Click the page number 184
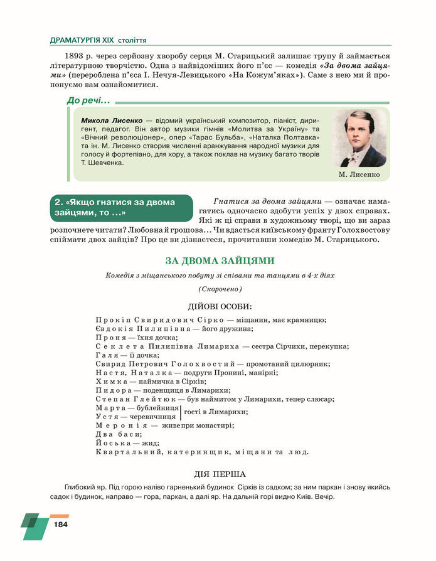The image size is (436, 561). (61, 524)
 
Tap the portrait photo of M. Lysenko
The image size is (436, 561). (359, 139)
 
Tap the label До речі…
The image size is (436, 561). (88, 100)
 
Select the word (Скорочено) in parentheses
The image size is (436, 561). (220, 289)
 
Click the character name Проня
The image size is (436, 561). (109, 337)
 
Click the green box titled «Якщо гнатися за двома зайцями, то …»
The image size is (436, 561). (121, 208)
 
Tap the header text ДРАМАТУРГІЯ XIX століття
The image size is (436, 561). (98, 40)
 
